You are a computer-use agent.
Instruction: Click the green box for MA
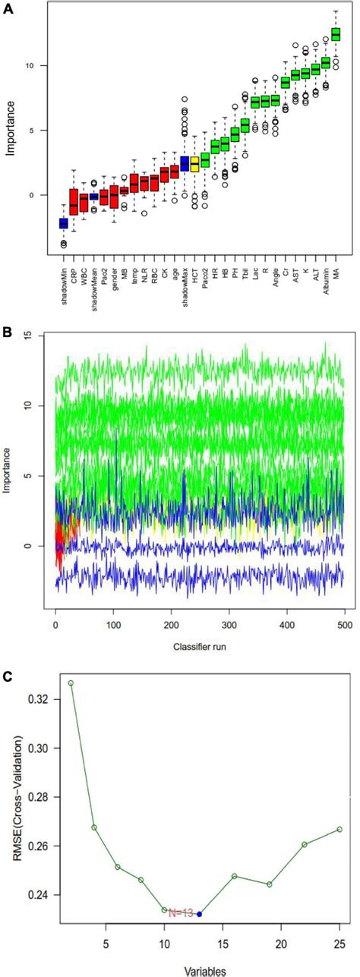click(336, 34)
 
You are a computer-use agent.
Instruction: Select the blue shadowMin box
click(64, 222)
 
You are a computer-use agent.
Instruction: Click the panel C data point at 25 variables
click(339, 829)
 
